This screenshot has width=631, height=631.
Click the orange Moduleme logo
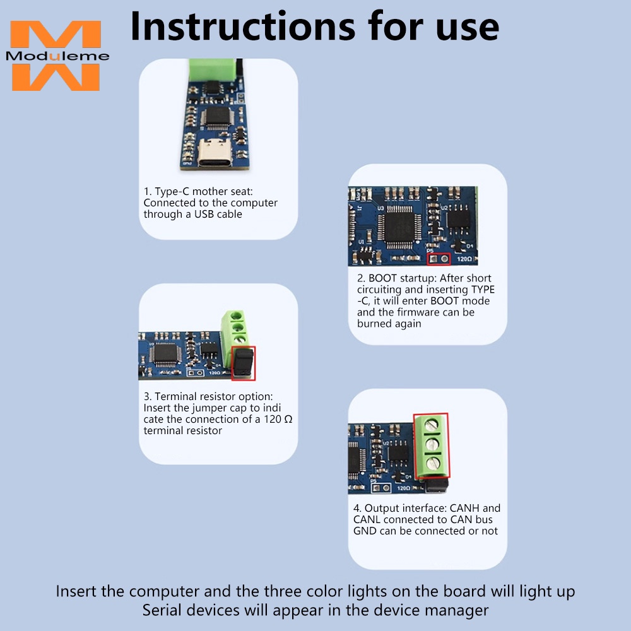pyautogui.click(x=57, y=56)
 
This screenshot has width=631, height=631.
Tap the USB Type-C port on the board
pyautogui.click(x=215, y=153)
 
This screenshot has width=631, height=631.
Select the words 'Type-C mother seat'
pyautogui.click(x=204, y=192)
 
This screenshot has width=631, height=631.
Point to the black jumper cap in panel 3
pyautogui.click(x=244, y=363)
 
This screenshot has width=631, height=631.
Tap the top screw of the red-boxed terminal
pyautogui.click(x=432, y=425)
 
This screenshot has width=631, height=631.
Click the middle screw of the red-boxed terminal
pyautogui.click(x=432, y=444)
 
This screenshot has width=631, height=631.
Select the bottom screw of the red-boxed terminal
pyautogui.click(x=432, y=463)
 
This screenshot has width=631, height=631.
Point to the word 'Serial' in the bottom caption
pyautogui.click(x=162, y=610)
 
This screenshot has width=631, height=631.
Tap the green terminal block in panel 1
pyautogui.click(x=213, y=71)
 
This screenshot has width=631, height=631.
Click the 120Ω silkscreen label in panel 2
pyautogui.click(x=464, y=259)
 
